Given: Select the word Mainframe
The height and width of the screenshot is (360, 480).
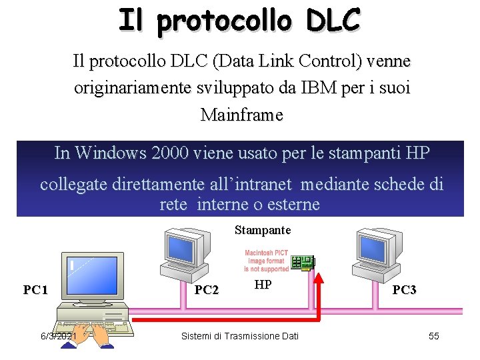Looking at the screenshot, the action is pos(241,115).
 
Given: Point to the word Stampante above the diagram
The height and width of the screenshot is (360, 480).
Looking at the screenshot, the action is pos(263,230).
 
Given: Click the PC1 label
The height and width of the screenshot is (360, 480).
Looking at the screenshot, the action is pos(35,290).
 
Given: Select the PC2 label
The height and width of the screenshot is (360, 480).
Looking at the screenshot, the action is pos(206,290).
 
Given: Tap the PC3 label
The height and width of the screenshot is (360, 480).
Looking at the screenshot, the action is pos(404,290).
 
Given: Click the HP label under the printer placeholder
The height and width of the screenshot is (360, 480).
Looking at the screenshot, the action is pos(263,285).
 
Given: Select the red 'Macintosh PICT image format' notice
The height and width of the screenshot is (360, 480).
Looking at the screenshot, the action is pos(266,261).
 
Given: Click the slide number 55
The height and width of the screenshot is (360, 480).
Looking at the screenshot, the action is pos(433,336).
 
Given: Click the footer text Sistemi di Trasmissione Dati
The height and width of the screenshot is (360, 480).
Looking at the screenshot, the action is pos(240,336).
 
